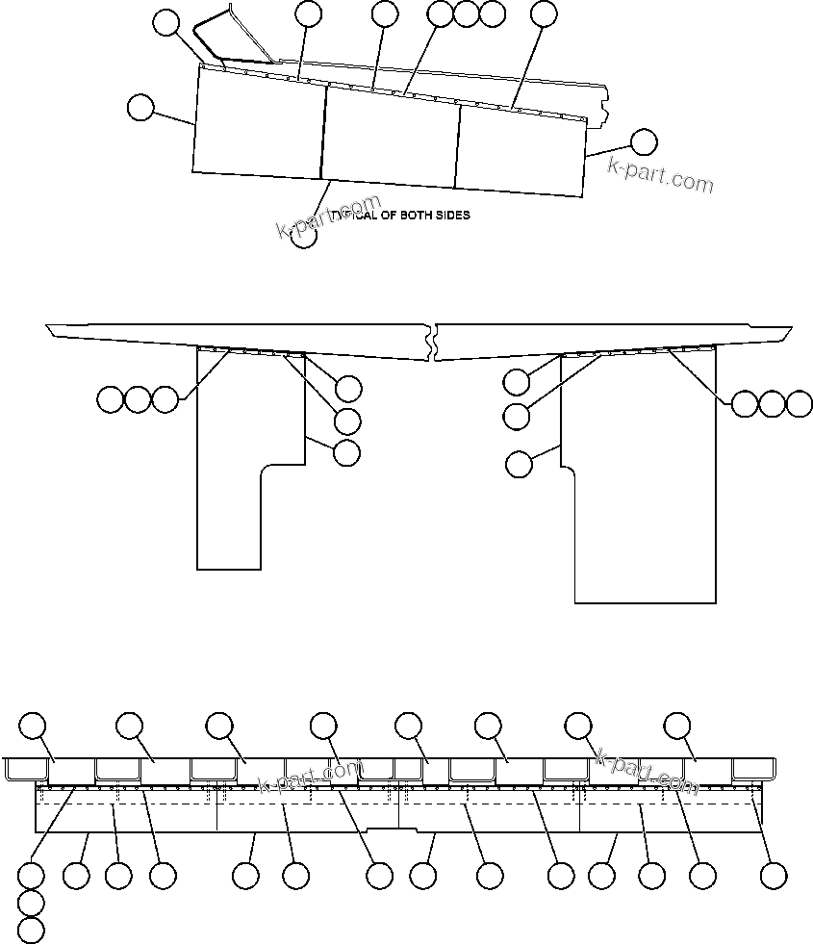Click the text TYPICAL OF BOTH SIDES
tap(404, 216)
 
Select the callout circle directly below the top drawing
tap(303, 236)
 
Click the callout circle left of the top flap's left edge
tap(140, 108)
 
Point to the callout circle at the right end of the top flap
tap(643, 142)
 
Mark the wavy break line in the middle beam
tap(435, 342)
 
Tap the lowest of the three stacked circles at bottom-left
tap(32, 930)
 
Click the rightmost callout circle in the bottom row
tap(773, 876)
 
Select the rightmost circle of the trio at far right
tap(800, 404)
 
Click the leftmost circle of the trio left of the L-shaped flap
tap(110, 398)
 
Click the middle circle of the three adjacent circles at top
tap(466, 13)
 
